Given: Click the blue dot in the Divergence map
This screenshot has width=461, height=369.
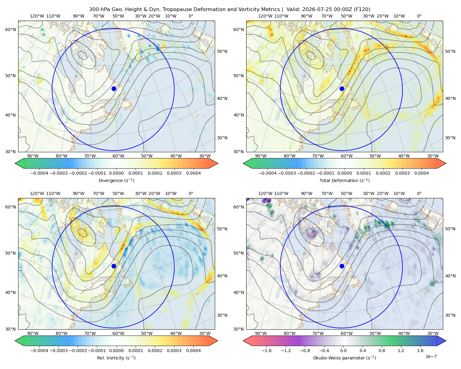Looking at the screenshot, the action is (114, 89).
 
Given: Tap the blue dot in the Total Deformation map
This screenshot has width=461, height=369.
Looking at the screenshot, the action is (342, 89).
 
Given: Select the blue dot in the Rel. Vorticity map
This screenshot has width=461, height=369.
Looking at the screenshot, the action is (114, 266).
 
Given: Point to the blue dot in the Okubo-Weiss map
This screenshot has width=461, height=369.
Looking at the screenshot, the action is (342, 266).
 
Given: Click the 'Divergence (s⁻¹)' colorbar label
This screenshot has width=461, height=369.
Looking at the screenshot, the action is (116, 180).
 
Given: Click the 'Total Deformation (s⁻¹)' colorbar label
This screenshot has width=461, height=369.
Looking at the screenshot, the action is (345, 180).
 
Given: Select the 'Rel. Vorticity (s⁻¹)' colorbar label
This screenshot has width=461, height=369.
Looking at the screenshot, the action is (116, 358).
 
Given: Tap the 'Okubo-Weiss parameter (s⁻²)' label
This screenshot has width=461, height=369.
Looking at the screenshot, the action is (345, 358).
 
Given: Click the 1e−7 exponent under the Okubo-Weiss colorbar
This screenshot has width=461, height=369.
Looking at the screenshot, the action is (431, 356).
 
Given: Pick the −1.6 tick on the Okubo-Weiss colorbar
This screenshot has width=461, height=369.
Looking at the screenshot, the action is (267, 351).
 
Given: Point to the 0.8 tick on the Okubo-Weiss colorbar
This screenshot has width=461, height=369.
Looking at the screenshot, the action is (382, 351).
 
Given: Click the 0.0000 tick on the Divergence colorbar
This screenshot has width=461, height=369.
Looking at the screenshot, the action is (116, 173).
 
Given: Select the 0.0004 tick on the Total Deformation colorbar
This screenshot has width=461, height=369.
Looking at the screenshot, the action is (421, 173).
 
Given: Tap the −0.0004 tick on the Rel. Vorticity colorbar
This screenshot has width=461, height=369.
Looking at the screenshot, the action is (39, 351).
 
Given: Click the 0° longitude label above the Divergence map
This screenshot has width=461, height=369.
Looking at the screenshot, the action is (191, 16).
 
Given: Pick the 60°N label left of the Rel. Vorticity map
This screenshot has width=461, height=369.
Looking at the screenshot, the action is (10, 207).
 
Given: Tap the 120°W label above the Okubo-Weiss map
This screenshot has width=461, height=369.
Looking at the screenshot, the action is (265, 193).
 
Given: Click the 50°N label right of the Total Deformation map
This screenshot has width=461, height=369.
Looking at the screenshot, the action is (450, 51).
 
